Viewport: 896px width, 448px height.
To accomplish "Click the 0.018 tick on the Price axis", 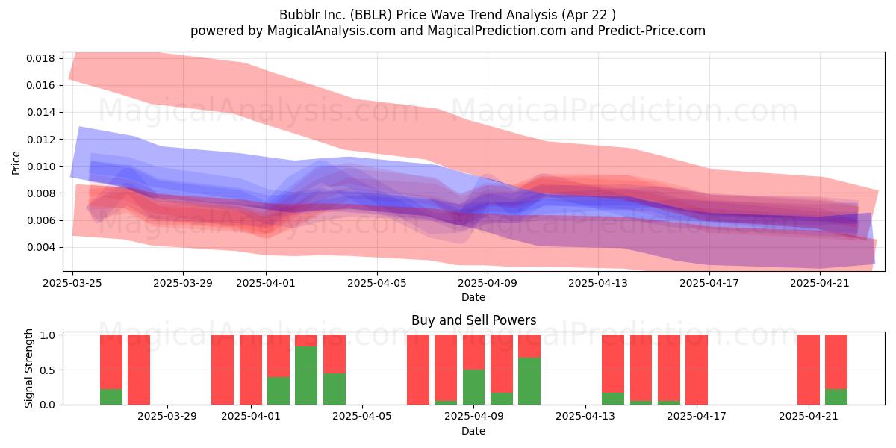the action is click(40, 58).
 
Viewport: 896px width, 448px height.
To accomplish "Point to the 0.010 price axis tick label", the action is click(40, 167).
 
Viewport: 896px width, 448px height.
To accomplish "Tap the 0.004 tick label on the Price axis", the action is click(40, 248).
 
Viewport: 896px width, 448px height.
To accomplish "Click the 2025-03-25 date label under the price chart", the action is click(72, 283).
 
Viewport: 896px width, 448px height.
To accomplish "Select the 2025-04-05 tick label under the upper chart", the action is click(377, 283).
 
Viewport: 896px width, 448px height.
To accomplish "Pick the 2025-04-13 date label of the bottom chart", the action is click(585, 417).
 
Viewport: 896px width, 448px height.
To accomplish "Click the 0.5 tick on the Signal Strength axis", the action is click(48, 370).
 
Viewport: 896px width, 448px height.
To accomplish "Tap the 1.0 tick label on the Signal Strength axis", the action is click(48, 335).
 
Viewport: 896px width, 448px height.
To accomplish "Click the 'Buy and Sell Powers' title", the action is click(473, 320).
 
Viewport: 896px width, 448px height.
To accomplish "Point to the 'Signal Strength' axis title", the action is click(28, 368).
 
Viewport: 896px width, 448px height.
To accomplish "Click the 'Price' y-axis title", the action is click(16, 163).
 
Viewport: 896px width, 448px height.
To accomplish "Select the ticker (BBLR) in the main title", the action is click(370, 15).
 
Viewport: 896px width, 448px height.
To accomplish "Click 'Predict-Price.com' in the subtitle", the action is click(652, 31).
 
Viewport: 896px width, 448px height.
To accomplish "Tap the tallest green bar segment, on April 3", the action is click(306, 376).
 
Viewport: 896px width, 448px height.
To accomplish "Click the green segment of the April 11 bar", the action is click(529, 382).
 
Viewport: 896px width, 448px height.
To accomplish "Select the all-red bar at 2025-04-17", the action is click(697, 370).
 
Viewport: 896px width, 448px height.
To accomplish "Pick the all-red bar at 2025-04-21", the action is click(809, 370).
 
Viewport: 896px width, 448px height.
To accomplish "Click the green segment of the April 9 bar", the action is click(473, 388).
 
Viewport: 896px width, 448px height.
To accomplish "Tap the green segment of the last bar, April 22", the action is click(836, 396).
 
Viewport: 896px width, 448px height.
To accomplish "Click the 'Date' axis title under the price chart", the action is click(473, 297).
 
